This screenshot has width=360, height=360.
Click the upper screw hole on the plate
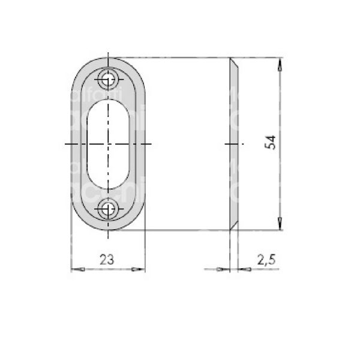coord(109,79)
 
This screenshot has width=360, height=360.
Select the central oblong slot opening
coord(109,144)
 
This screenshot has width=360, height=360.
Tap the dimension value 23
coord(107,259)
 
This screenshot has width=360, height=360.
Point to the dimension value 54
coord(271,143)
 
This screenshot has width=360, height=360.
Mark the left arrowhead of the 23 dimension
coord(75,269)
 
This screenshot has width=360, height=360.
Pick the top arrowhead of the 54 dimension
coord(280,62)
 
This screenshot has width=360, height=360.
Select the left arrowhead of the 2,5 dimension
coord(224,269)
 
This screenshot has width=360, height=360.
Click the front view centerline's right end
coord(154,144)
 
